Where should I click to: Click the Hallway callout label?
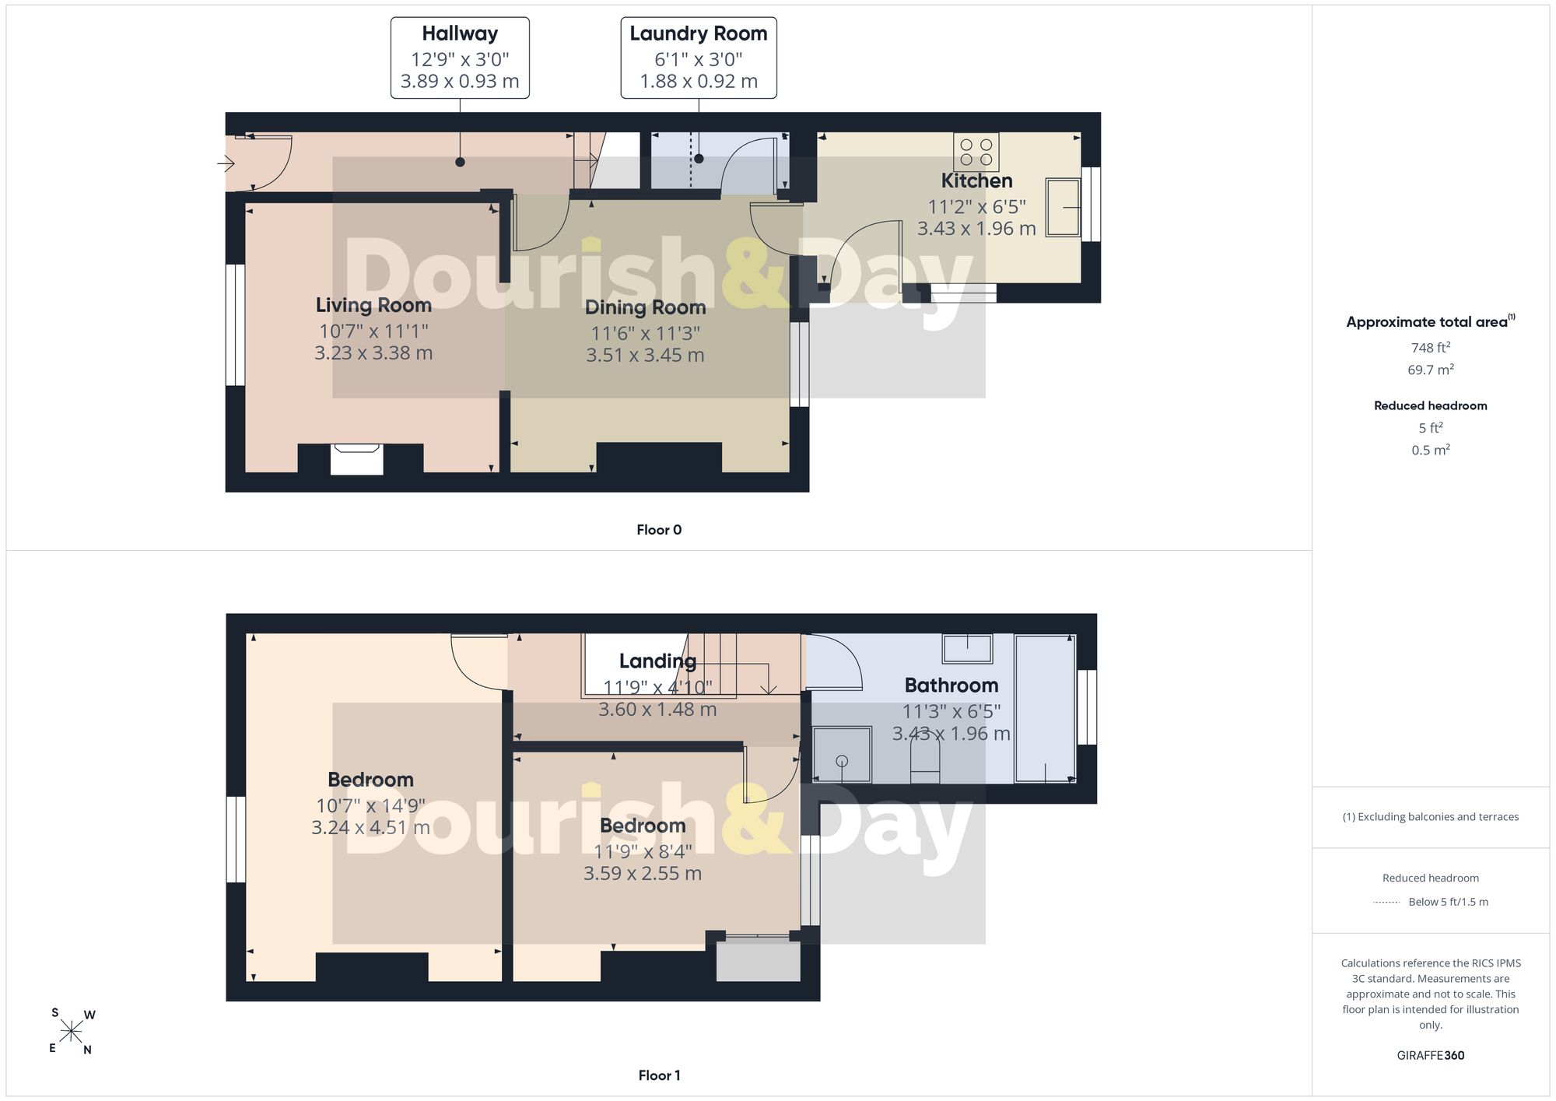coord(460,58)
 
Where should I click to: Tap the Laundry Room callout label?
coord(699,58)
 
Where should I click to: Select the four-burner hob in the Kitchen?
coord(976,152)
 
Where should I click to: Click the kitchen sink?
coord(1063,207)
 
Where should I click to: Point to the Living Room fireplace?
coord(356,459)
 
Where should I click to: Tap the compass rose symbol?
coord(72,1032)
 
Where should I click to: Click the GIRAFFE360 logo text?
coord(1431,1055)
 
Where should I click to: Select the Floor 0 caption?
coord(659,530)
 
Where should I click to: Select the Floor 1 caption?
coord(659,1075)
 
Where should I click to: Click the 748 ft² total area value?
coord(1431,347)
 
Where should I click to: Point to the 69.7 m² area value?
coord(1431,369)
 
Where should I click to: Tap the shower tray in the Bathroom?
coord(842,754)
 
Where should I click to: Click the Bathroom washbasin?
coord(968,648)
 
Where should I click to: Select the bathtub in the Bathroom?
coord(1045,708)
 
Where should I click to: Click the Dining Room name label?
coord(646,308)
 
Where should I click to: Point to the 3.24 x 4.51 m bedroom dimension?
coord(370,827)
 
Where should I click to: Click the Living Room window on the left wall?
coord(235,325)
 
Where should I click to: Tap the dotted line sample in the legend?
coord(1386,903)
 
